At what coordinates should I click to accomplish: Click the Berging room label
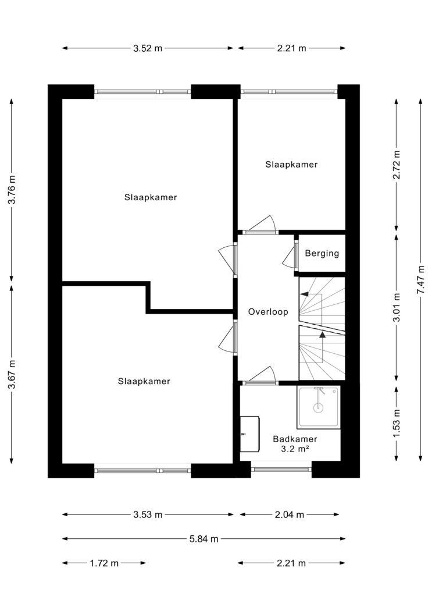pos(322,254)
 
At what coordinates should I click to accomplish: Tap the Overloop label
pos(268,312)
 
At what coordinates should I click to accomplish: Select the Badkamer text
pos(295,439)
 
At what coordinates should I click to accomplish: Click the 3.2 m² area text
pos(295,449)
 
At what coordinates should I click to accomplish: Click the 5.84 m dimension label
pos(204,539)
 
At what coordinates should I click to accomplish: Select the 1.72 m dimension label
pos(104,563)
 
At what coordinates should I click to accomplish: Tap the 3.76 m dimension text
pos(12,189)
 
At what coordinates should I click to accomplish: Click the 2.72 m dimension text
pos(397,165)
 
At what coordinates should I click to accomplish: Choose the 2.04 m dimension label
pos(290,515)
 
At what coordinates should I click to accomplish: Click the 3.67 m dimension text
pos(12,374)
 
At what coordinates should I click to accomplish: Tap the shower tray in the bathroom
pos(319,407)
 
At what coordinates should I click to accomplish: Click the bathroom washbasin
pos(250,434)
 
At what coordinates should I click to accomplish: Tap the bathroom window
pos(281,469)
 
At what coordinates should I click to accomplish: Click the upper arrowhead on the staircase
pos(304,294)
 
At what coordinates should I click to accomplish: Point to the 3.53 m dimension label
pos(148,515)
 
